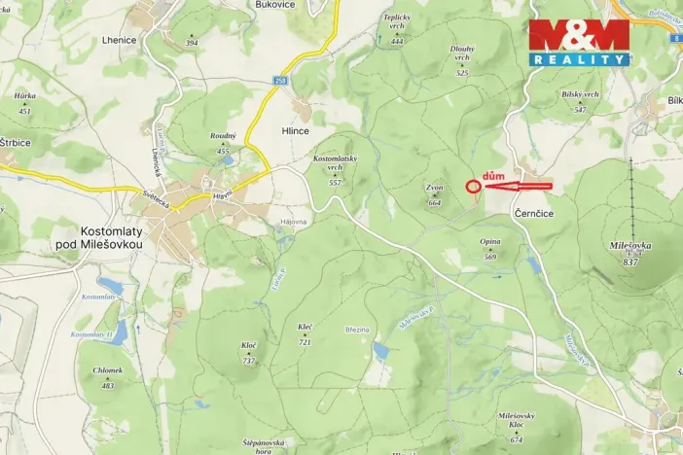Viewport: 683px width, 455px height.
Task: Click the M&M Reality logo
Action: click(x=579, y=43)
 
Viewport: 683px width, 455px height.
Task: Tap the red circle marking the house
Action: click(x=473, y=185)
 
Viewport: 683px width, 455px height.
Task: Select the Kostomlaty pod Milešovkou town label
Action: click(x=99, y=239)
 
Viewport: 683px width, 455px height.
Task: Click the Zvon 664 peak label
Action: click(x=434, y=194)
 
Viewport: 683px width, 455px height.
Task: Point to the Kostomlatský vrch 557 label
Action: click(x=335, y=169)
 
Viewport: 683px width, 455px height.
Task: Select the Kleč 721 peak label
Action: click(x=305, y=334)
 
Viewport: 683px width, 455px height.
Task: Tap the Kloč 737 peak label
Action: click(x=248, y=353)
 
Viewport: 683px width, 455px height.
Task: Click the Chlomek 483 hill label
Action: click(x=108, y=377)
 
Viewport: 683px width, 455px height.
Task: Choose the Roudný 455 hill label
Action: click(x=223, y=143)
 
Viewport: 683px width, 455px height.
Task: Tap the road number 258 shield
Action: click(x=281, y=82)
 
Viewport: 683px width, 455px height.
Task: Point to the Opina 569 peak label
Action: click(x=490, y=249)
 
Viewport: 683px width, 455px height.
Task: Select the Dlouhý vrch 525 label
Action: click(x=462, y=59)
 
